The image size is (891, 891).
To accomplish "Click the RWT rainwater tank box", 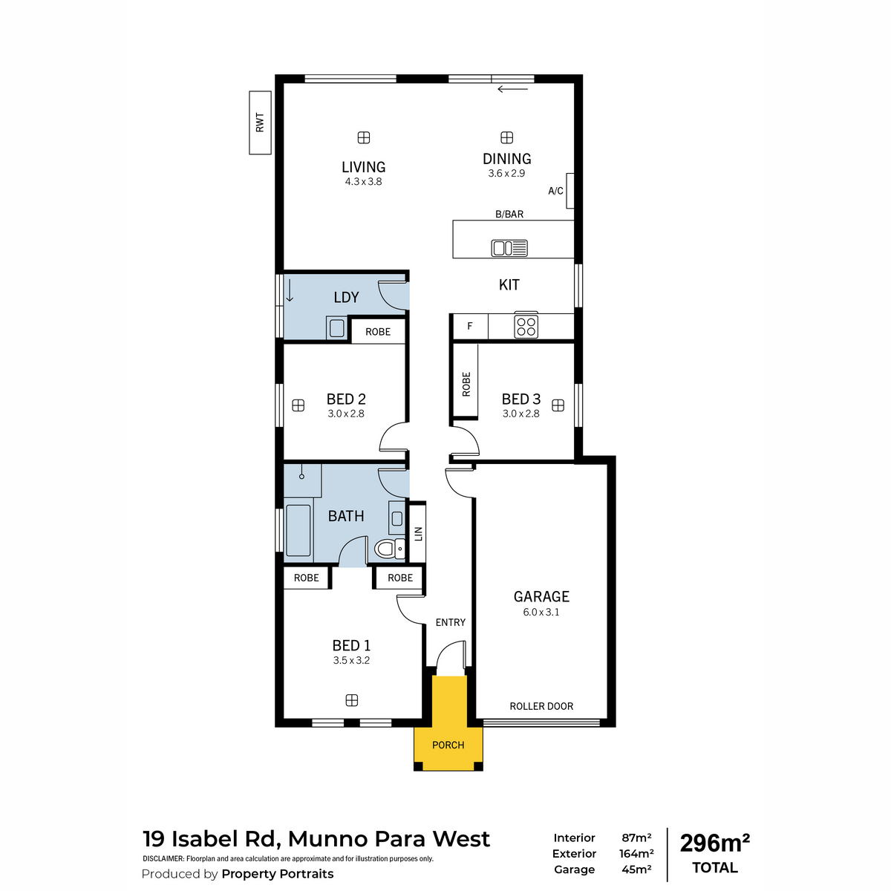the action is pos(260,123).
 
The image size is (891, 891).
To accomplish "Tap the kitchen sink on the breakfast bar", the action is pos(509,248).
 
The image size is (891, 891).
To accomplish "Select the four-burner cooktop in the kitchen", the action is pos(526,326).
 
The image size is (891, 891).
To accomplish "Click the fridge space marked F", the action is pos(470,327).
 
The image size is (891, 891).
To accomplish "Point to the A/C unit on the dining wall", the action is pos(570,191).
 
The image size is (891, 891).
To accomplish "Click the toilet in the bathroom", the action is pos(390,549).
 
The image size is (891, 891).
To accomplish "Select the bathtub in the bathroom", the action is pos(298,530).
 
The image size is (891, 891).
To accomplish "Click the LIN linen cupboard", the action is pos(418,534).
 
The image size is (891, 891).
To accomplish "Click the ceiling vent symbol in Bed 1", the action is pos(352,700).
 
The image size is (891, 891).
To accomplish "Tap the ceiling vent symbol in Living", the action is pos(364,137).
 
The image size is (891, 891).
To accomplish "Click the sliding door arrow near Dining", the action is pos(512,89).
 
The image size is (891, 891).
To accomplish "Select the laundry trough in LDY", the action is pos(336,328).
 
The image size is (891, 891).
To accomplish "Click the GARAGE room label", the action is pos(541,596).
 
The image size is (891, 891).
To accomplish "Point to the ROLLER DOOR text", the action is pos(541,706).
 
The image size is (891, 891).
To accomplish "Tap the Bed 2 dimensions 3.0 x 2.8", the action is pos(346,414).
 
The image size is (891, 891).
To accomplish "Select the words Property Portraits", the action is pos(278,874).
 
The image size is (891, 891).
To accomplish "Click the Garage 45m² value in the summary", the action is pos(636,869).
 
